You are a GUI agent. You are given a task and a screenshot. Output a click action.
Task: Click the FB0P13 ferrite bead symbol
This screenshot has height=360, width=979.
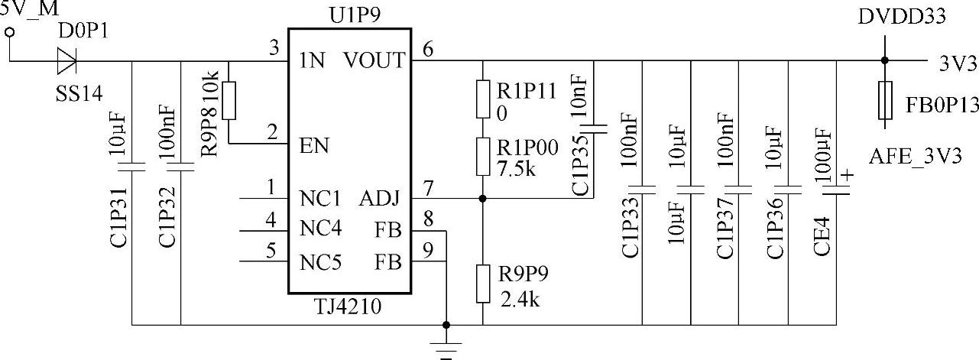(884, 100)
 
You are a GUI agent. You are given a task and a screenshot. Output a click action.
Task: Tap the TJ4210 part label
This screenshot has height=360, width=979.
(348, 308)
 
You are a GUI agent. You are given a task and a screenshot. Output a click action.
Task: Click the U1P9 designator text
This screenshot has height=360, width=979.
(348, 15)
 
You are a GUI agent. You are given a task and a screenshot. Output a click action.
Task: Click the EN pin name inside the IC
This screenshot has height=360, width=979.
(314, 144)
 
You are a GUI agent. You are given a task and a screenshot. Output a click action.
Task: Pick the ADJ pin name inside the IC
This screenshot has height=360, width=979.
(380, 199)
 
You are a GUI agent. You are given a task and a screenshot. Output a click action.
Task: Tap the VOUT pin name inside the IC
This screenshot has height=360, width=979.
(374, 60)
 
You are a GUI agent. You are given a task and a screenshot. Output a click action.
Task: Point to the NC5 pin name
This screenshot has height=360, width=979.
(320, 262)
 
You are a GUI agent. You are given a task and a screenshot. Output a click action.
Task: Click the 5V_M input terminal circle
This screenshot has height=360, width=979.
(10, 32)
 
